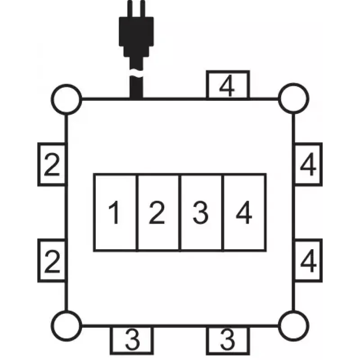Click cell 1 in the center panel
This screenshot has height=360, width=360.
tap(115, 212)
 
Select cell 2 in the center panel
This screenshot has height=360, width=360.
tap(158, 212)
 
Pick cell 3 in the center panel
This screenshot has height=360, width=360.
tap(201, 212)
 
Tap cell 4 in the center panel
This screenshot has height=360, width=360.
tap(244, 212)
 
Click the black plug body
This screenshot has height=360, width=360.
tap(136, 36)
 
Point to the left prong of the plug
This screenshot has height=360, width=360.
tap(130, 9)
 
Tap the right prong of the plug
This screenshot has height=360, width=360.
tap(143, 9)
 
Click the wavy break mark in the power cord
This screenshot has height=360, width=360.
tap(136, 73)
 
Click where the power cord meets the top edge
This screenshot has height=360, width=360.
tap(136, 99)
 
